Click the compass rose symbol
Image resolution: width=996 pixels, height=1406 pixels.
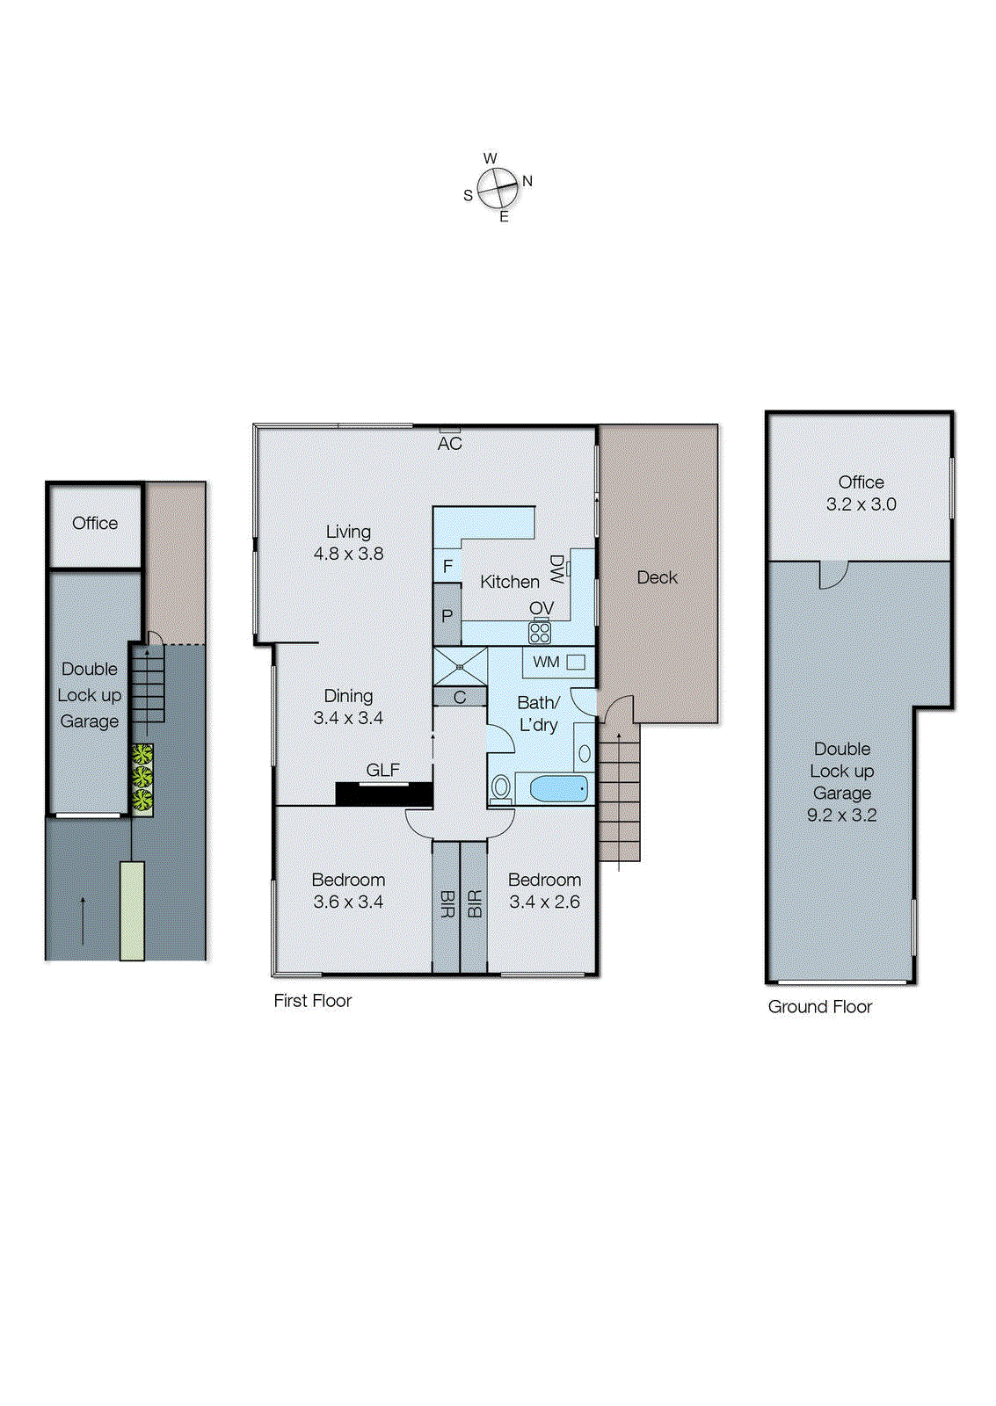click(x=498, y=187)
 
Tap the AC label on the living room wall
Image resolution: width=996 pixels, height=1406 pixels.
click(x=449, y=444)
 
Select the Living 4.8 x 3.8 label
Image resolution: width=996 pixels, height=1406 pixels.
click(x=348, y=543)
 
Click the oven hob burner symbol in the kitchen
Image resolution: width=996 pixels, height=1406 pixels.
click(x=540, y=632)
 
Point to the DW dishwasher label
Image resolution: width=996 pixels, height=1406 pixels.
click(x=556, y=569)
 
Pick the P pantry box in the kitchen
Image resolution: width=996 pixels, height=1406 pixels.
click(x=447, y=615)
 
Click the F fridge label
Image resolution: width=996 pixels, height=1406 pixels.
click(x=447, y=567)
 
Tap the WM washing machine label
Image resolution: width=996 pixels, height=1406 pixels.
click(x=546, y=662)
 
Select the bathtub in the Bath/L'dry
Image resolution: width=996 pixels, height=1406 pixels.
click(x=559, y=788)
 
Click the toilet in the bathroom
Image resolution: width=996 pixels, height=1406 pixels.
click(x=500, y=787)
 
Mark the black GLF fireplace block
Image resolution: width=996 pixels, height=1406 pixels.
click(x=384, y=794)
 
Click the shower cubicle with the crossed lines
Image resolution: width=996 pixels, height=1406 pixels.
click(x=460, y=666)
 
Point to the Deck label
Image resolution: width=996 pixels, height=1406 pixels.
click(x=657, y=577)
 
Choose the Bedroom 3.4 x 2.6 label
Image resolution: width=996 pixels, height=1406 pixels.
click(x=544, y=890)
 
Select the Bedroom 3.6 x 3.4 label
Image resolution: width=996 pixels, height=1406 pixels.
click(x=348, y=890)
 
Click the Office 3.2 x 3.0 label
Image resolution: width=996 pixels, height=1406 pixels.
click(x=861, y=493)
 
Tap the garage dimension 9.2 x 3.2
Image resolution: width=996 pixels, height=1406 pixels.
click(x=841, y=815)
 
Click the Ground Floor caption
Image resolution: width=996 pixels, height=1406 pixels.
click(x=819, y=1007)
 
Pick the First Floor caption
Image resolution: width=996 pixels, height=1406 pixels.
click(x=312, y=1001)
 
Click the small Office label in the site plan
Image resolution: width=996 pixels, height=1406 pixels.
click(x=95, y=523)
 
